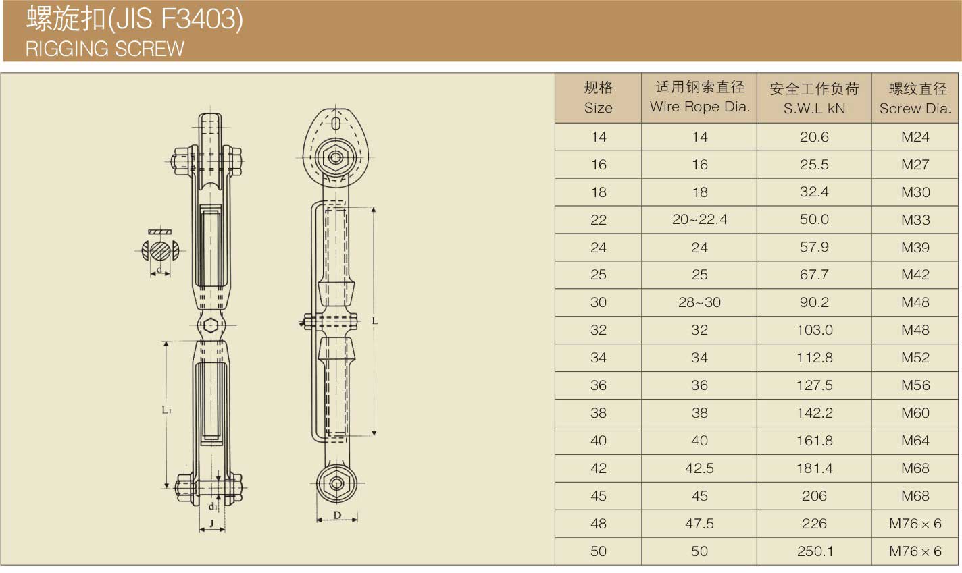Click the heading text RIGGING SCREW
coord(105,49)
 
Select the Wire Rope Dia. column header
coord(700,97)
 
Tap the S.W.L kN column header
coord(814,99)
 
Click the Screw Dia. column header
coord(915,99)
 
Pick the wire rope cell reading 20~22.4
coord(700,219)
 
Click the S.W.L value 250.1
coord(815,551)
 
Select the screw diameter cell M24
coord(915,137)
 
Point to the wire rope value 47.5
coord(700,524)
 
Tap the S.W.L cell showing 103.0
coord(815,330)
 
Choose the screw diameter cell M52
coord(915,358)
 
